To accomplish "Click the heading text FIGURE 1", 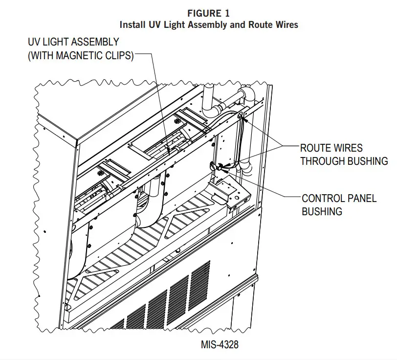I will [209, 14].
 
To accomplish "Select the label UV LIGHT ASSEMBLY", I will [73, 43].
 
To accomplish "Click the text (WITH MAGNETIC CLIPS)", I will [80, 55].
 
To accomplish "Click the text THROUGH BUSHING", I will [344, 161].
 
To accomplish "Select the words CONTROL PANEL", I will [339, 199].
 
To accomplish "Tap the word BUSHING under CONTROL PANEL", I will [322, 211].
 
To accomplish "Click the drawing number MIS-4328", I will [220, 344].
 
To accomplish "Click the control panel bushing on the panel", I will [214, 166].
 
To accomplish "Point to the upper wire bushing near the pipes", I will [242, 116].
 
